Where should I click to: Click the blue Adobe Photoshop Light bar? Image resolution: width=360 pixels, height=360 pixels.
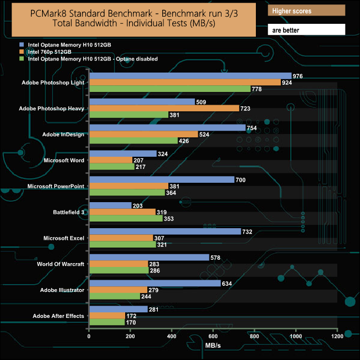pos(190,76)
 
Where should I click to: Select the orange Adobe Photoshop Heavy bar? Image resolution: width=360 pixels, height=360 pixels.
pos(164,109)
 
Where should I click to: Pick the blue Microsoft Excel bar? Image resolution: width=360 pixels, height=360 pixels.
pos(165,232)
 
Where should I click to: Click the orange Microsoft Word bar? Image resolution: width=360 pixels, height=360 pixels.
pos(111,160)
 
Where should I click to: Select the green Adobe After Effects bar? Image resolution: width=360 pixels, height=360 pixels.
pos(107,322)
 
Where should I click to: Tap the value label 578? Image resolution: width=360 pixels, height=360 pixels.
pos(218,258)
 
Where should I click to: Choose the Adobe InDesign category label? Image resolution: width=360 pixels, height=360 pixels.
pos(63,135)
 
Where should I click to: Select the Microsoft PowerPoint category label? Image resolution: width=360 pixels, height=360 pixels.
pos(55,186)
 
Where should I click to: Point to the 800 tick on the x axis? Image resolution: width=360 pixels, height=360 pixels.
pos(254,336)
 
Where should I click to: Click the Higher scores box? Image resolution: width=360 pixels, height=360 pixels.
pos(306,11)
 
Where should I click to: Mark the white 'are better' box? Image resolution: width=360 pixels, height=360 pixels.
pos(306,29)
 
